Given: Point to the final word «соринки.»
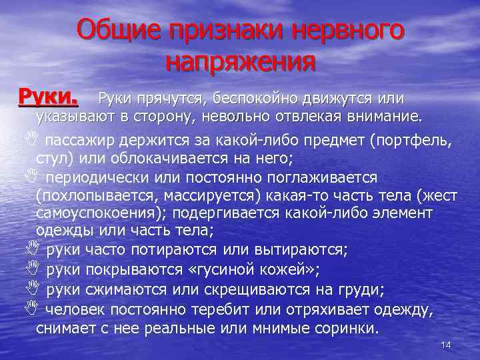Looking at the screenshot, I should (346, 329).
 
